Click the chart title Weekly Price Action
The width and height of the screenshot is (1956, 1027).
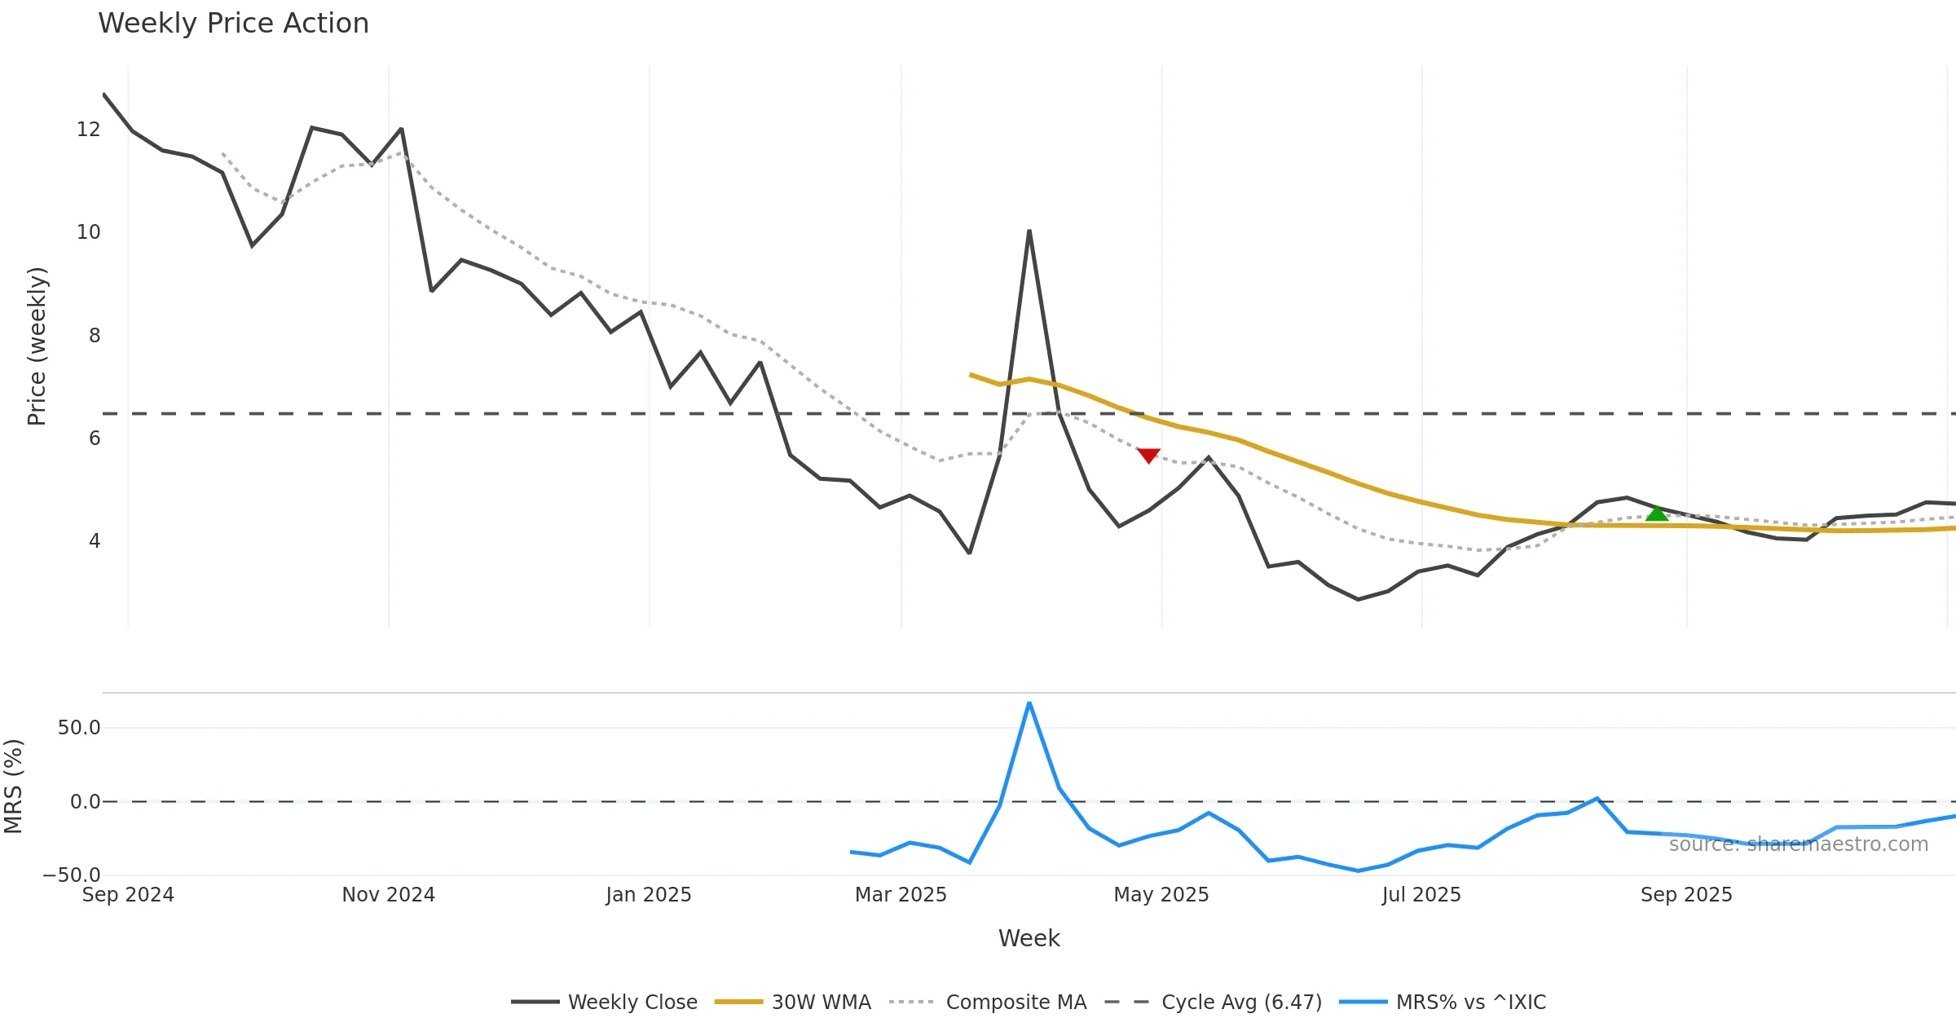pyautogui.click(x=233, y=24)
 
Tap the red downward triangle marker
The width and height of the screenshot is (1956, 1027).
pyautogui.click(x=1148, y=455)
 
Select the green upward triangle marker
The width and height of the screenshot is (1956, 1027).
pyautogui.click(x=1657, y=513)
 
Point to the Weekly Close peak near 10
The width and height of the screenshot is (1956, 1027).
pyautogui.click(x=1029, y=232)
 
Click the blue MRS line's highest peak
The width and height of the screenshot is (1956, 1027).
pyautogui.click(x=1029, y=703)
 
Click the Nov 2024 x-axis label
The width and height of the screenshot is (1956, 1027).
pyautogui.click(x=388, y=895)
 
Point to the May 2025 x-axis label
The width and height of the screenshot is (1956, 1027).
pyautogui.click(x=1161, y=895)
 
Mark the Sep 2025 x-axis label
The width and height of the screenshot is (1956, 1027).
pyautogui.click(x=1686, y=895)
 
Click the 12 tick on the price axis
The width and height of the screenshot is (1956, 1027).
pyautogui.click(x=88, y=130)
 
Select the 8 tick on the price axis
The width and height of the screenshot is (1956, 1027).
pyautogui.click(x=95, y=336)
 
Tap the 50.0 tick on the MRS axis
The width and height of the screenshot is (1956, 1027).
pyautogui.click(x=79, y=728)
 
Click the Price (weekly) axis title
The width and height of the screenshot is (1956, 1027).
pyautogui.click(x=37, y=346)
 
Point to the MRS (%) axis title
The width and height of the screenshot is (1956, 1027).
pyautogui.click(x=14, y=787)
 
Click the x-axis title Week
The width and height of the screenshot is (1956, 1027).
pyautogui.click(x=1029, y=939)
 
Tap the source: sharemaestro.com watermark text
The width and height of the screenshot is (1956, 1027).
pyautogui.click(x=1798, y=844)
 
